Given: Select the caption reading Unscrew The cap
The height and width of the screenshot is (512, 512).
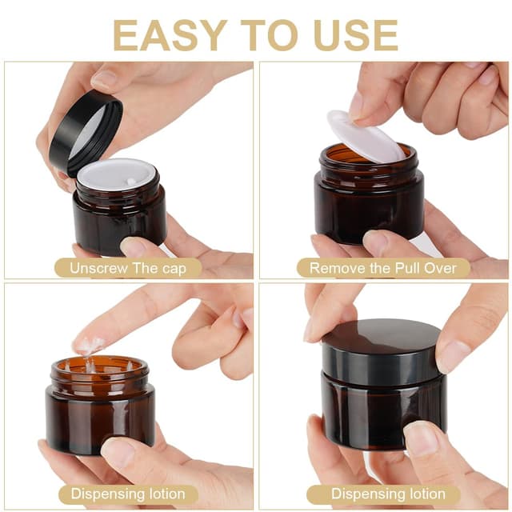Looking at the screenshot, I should coord(127,268).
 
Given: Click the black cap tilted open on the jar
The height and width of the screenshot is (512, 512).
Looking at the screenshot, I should coord(85,132).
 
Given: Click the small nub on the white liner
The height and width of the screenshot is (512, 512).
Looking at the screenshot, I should coord(130,182).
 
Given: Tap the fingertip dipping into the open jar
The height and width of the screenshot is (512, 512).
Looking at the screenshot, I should coord(88,346).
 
